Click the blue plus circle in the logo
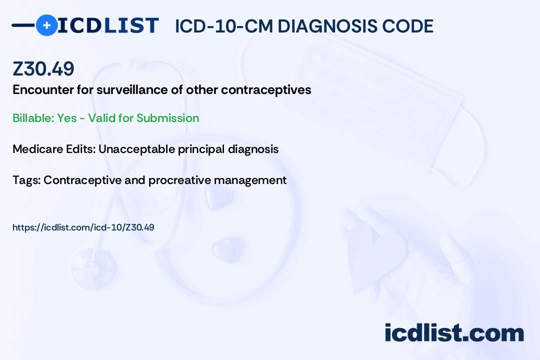pos(46,25)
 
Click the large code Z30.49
pos(43,68)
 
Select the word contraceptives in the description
pos(266,90)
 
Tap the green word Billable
pos(33,118)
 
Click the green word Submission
pos(167,118)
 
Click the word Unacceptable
pos(136,149)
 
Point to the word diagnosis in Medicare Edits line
pos(253,149)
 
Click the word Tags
pos(26,180)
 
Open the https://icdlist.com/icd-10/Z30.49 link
pos(83,227)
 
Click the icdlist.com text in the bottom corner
pos(454,333)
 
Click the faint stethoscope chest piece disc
pos(93,268)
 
